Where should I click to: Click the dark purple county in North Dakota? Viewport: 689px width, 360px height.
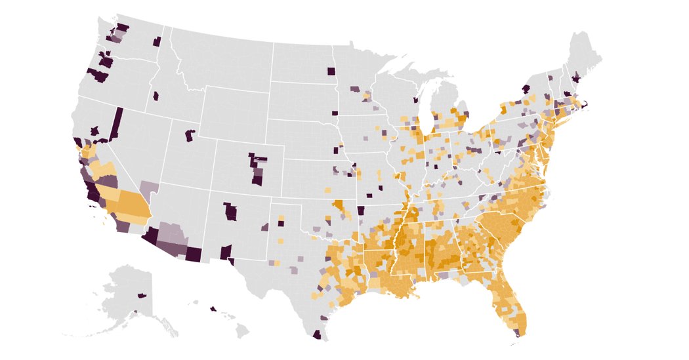click(331, 71)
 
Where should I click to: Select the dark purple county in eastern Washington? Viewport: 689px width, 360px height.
click(157, 42)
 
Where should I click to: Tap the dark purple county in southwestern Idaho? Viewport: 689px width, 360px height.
click(156, 96)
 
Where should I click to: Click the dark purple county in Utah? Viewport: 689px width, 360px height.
click(190, 136)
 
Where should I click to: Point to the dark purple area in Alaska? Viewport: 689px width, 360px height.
click(141, 296)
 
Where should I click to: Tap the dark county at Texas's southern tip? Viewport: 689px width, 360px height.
click(318, 335)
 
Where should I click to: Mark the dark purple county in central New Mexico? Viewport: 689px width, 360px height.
click(230, 212)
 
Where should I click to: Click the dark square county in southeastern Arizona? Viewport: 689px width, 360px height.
click(194, 254)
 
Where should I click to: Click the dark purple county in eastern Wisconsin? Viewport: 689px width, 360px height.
click(415, 100)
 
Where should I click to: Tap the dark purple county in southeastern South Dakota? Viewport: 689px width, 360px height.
click(335, 113)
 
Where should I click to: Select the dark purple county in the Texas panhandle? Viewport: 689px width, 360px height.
click(281, 223)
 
